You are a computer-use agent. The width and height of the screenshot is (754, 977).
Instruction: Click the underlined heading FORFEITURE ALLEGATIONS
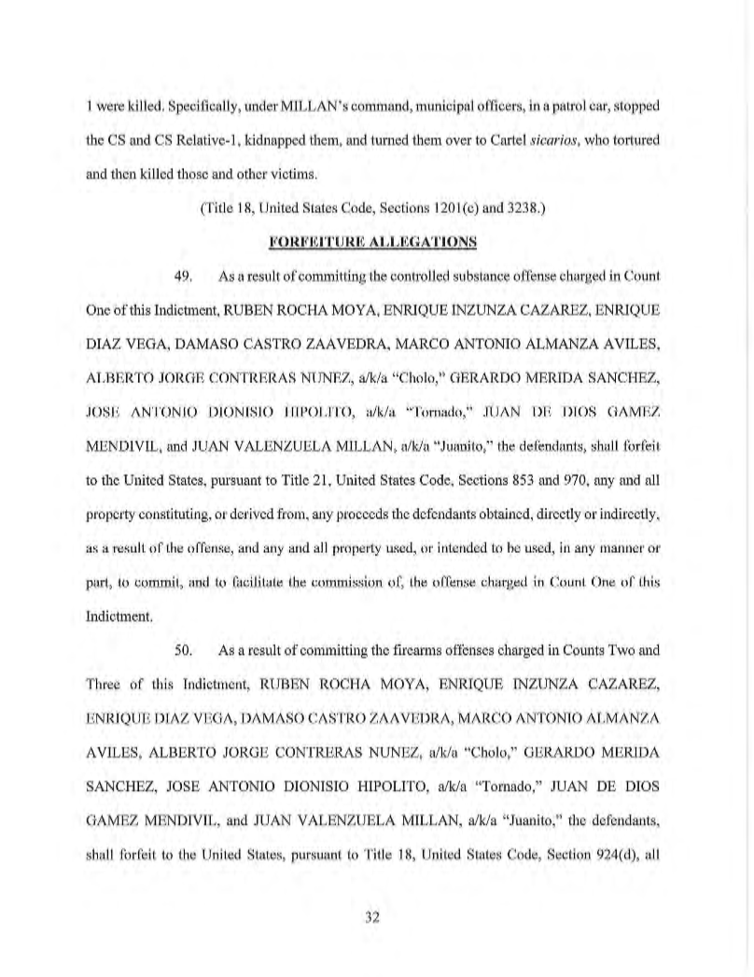pos(372,242)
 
